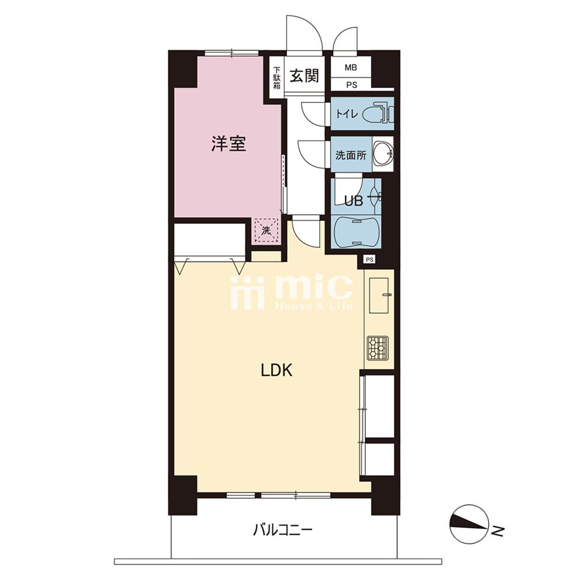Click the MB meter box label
[351, 68]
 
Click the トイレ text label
[347, 114]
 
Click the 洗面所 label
[350, 155]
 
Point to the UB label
[354, 201]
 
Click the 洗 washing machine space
[266, 231]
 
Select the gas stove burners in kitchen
[378, 348]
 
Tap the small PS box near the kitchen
[369, 259]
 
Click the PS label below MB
[351, 85]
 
